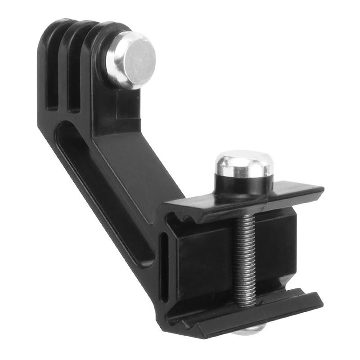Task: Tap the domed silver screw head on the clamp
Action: [243, 164]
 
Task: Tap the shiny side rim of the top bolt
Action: [112, 67]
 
